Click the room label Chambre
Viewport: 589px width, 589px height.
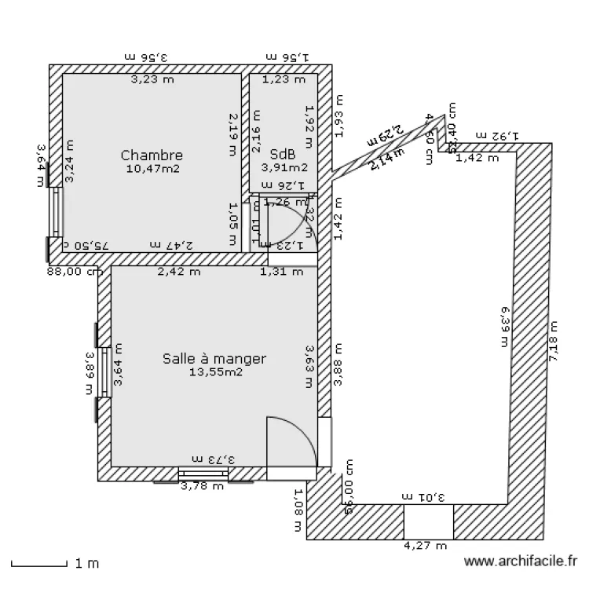(152, 155)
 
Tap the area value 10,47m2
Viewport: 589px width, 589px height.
(152, 168)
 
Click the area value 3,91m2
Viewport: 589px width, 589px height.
(284, 166)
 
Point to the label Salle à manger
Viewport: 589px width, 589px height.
(214, 359)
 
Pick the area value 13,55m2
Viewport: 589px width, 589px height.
(215, 372)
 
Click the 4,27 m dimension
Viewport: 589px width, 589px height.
(425, 546)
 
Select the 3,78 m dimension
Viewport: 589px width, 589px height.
(203, 486)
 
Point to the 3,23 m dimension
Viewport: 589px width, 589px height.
(152, 79)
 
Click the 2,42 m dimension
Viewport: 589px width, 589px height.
(178, 273)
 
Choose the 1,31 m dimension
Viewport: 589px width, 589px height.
(281, 273)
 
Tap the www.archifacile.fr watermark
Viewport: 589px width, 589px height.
(521, 562)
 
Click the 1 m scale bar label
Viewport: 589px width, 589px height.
(87, 563)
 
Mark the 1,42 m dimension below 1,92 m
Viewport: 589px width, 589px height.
(477, 157)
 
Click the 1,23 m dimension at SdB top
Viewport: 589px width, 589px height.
(283, 79)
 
